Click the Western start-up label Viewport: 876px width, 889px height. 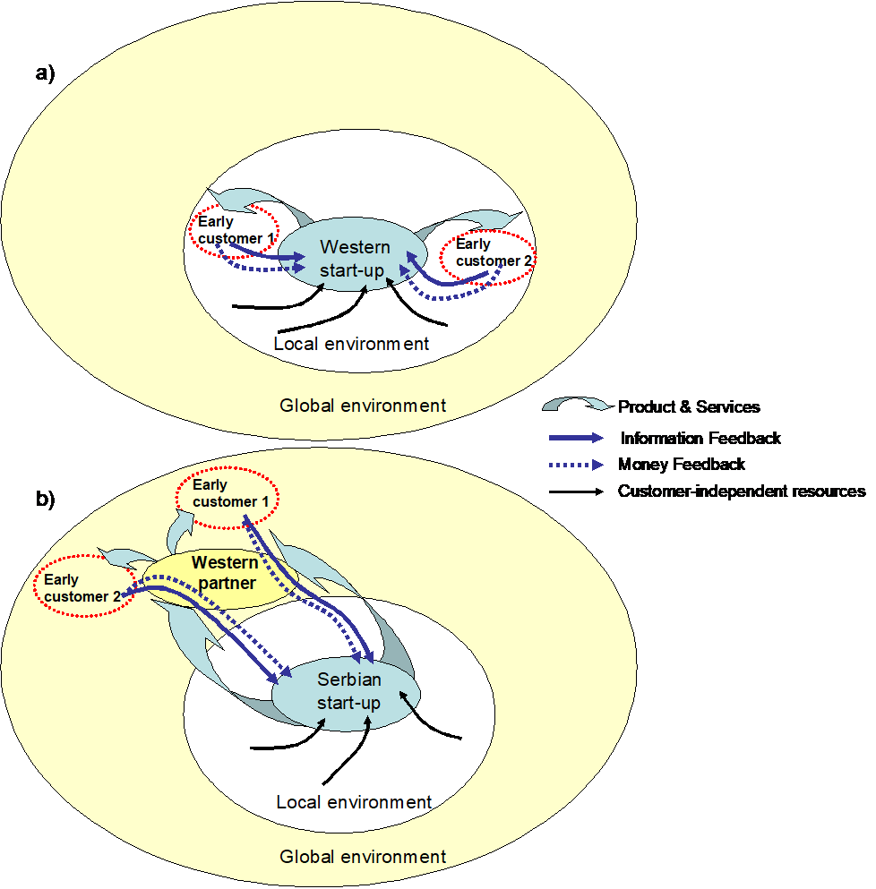pyautogui.click(x=356, y=258)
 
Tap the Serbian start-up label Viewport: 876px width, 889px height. pyautogui.click(x=348, y=691)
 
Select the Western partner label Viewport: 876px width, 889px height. pyautogui.click(x=225, y=573)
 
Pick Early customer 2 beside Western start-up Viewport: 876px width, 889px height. pyautogui.click(x=488, y=252)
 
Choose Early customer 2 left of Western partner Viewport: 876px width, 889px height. pyautogui.click(x=80, y=588)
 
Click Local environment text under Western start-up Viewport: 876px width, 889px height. pyautogui.click(x=351, y=344)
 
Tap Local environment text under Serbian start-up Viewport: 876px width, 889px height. pyautogui.click(x=354, y=802)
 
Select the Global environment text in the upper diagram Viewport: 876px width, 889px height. pyautogui.click(x=363, y=406)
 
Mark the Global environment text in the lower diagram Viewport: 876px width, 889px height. pyautogui.click(x=363, y=857)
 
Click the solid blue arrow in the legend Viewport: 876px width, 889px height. pyautogui.click(x=577, y=439)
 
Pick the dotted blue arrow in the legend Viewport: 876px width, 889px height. pyautogui.click(x=577, y=466)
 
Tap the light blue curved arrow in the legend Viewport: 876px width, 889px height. pyautogui.click(x=573, y=406)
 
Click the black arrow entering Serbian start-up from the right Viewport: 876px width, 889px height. pyautogui.click(x=434, y=720)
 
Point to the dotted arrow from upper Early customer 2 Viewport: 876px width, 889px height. pyautogui.click(x=448, y=296)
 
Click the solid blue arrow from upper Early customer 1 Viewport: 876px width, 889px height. pyautogui.click(x=269, y=257)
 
